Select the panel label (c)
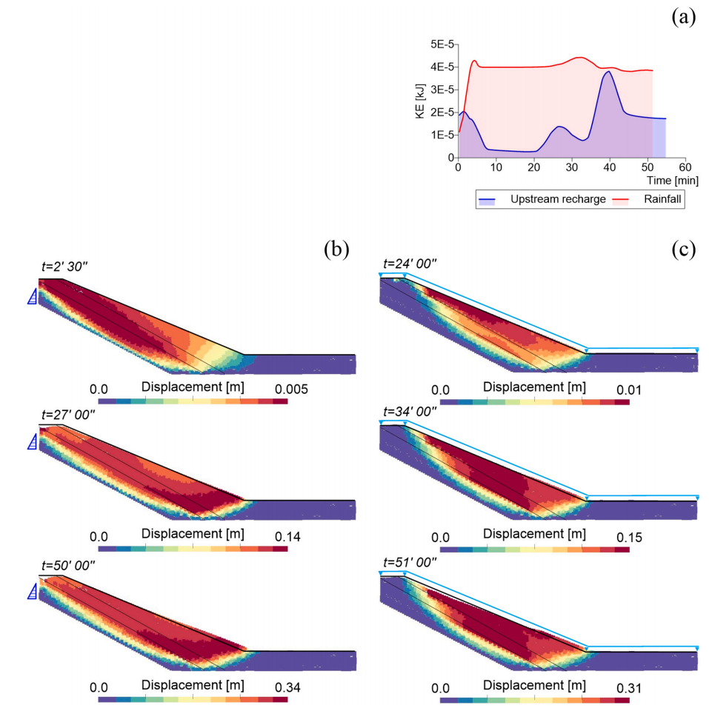click(x=683, y=250)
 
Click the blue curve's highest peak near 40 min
click(x=608, y=72)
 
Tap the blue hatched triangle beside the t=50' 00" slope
click(x=31, y=591)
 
